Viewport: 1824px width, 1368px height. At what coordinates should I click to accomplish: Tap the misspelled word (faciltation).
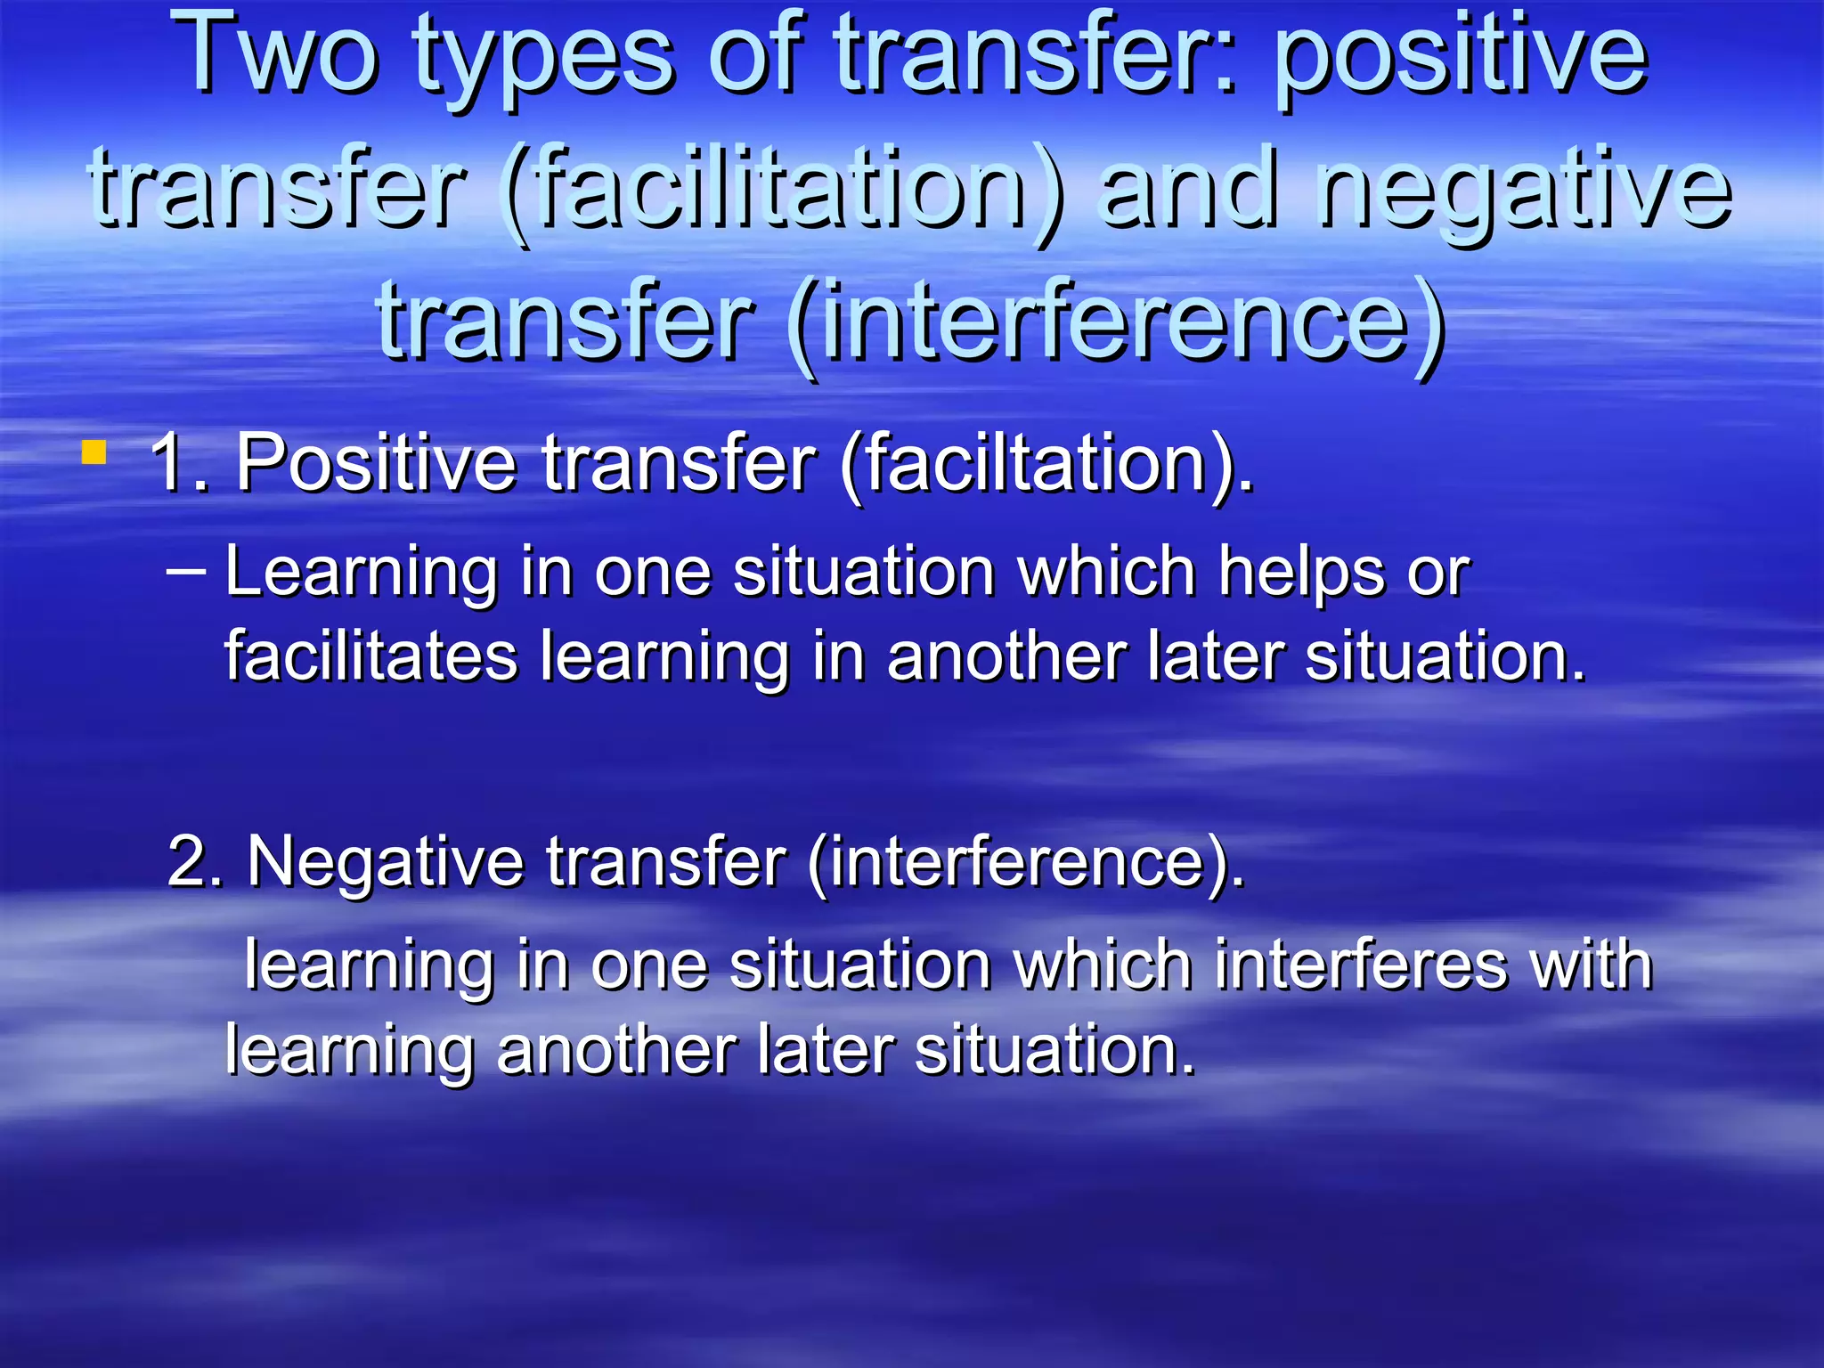(1046, 463)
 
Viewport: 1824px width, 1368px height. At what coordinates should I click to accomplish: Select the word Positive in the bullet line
(375, 463)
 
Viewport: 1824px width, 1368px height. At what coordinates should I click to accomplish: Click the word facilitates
(370, 656)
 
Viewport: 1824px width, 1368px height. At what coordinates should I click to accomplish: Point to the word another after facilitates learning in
(1006, 656)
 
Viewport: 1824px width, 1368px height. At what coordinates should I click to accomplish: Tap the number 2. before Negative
(195, 861)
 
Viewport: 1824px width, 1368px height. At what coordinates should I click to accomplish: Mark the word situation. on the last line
(1054, 1051)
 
